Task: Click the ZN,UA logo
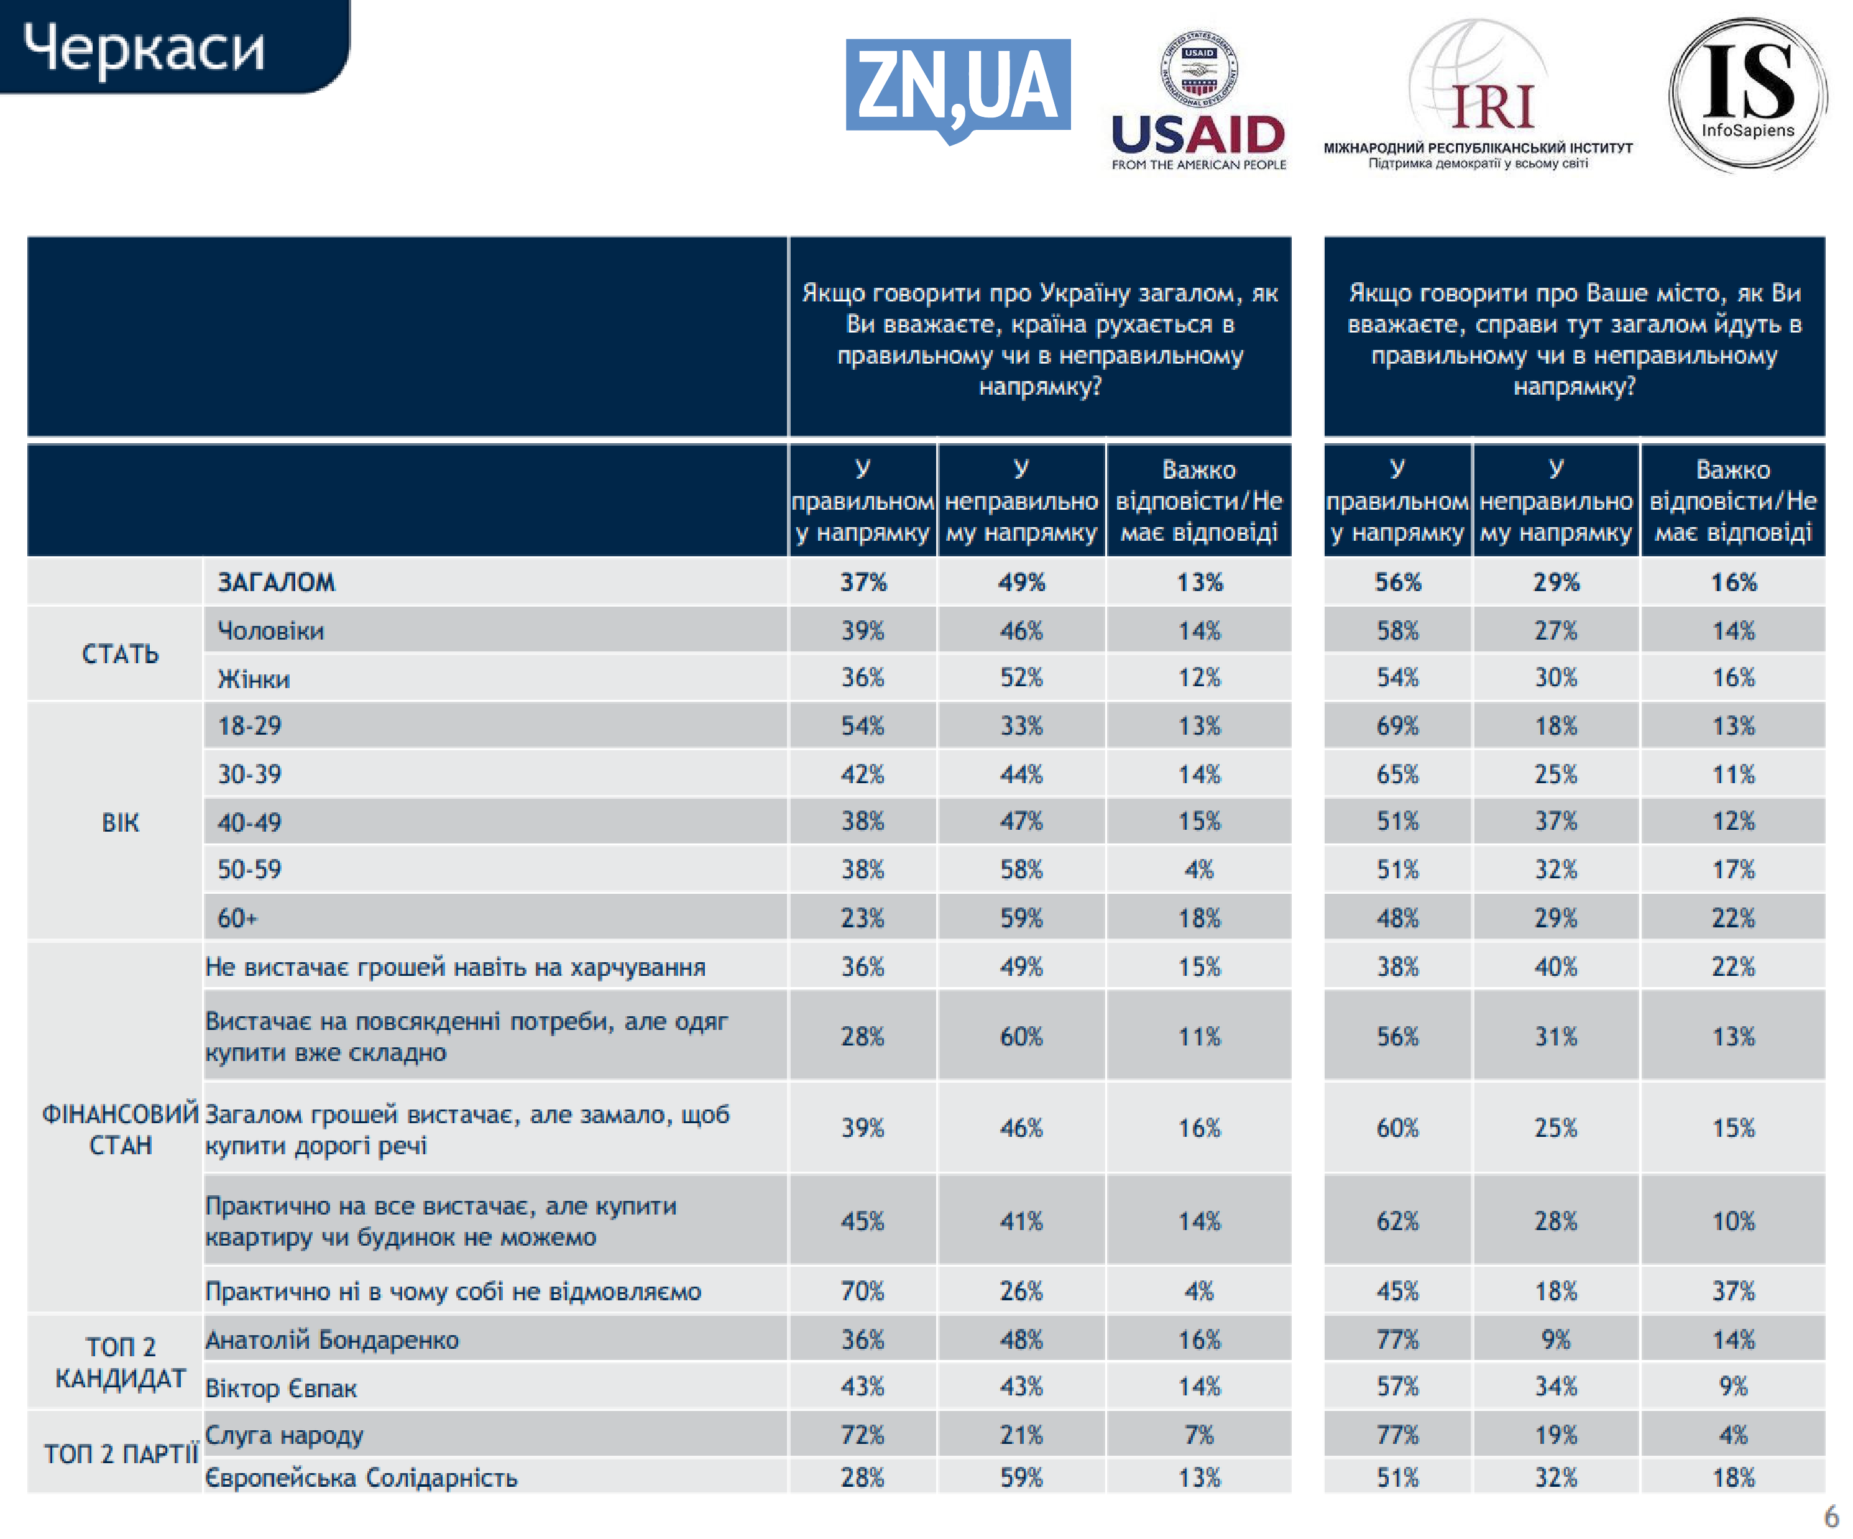pos(957,88)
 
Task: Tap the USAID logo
pos(1198,101)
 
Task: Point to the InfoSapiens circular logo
pos(1747,94)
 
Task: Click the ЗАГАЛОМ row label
pos(276,582)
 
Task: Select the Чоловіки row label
pos(271,631)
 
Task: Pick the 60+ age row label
pos(237,919)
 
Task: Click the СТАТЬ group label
pos(120,654)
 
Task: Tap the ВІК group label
pos(120,822)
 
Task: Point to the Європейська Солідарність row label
pos(361,1478)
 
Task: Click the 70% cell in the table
pos(862,1292)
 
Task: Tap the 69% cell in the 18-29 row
pos(1398,726)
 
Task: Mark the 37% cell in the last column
pos(1733,1292)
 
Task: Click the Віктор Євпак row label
pos(280,1388)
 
